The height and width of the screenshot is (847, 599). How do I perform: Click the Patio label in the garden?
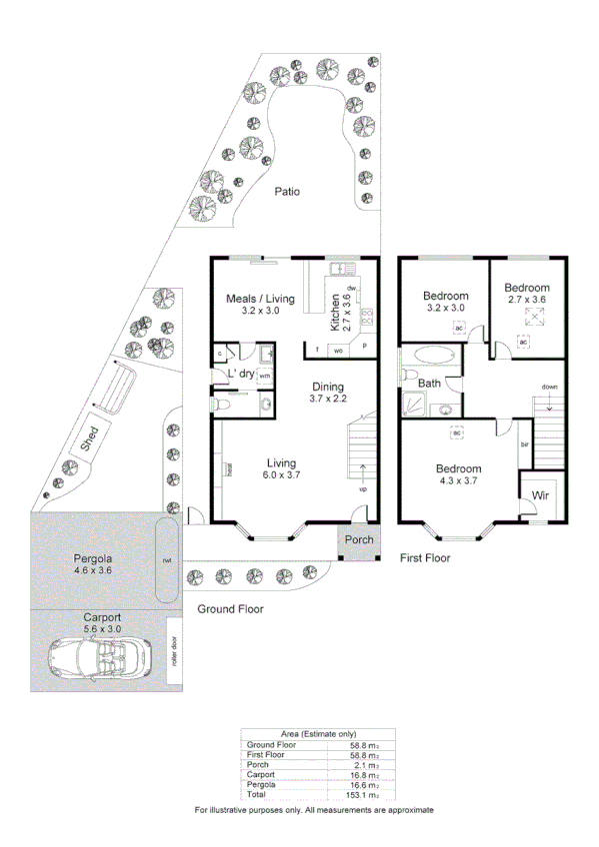(x=288, y=192)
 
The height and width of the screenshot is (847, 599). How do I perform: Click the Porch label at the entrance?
(x=358, y=540)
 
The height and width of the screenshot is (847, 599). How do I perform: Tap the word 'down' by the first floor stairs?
(x=549, y=386)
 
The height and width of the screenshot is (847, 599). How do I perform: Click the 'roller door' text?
(x=173, y=650)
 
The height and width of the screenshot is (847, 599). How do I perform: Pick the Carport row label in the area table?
(x=261, y=774)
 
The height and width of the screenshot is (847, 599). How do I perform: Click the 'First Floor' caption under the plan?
(x=425, y=558)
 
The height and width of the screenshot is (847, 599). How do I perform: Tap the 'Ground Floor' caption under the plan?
(x=230, y=608)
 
